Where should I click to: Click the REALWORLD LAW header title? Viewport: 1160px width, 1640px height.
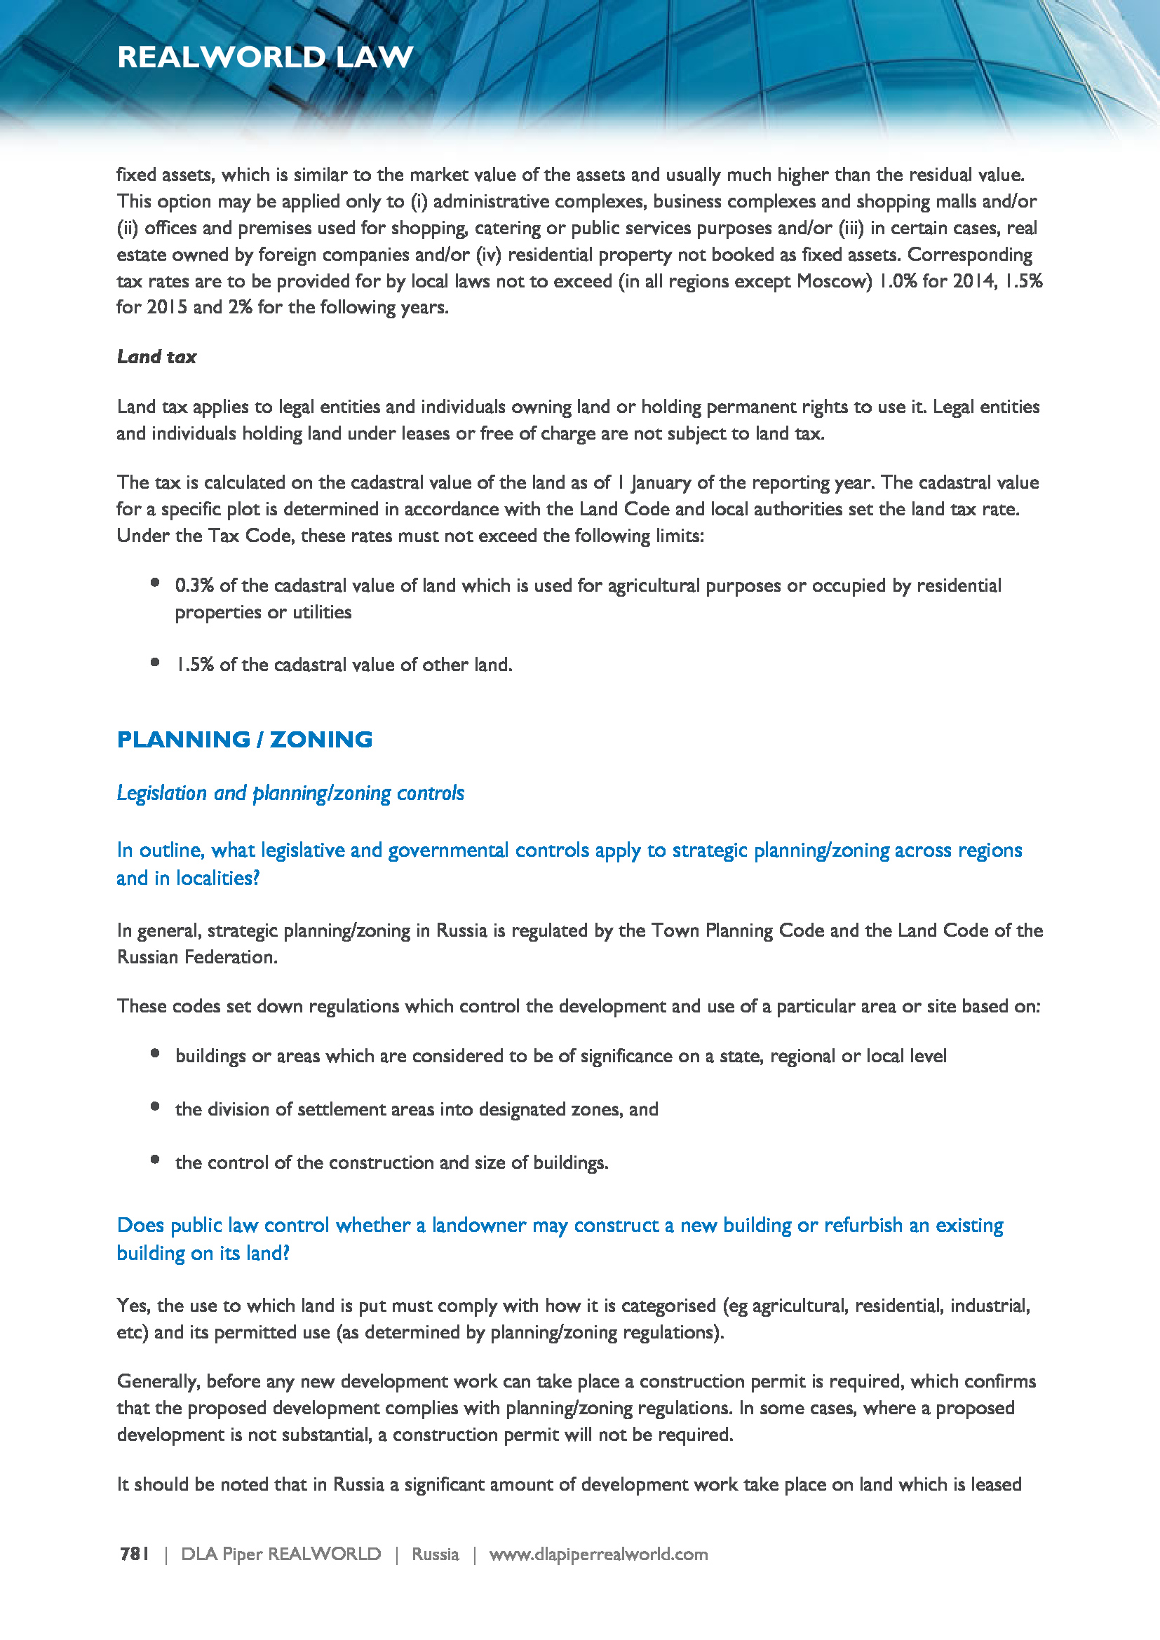(x=265, y=57)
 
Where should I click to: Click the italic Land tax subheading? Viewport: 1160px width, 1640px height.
(x=156, y=356)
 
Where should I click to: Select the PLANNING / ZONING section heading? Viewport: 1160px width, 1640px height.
(x=244, y=739)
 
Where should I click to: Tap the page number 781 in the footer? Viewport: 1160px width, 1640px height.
(x=134, y=1554)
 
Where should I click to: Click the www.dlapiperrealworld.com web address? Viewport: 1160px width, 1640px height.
(x=598, y=1554)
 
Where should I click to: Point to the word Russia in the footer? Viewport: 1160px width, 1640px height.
(x=435, y=1554)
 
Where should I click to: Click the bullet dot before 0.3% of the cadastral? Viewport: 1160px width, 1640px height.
(x=155, y=583)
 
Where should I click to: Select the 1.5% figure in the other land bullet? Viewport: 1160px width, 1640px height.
(x=195, y=664)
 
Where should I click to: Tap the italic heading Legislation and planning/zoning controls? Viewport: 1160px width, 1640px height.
(x=290, y=793)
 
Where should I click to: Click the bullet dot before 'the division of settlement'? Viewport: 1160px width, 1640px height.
(x=155, y=1106)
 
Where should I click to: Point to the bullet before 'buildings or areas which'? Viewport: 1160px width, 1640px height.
(x=155, y=1053)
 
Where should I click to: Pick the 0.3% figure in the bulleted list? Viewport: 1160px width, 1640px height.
(x=194, y=585)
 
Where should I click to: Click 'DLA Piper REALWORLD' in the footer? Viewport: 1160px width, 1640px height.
(x=281, y=1554)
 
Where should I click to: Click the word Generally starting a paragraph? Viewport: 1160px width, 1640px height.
(x=158, y=1381)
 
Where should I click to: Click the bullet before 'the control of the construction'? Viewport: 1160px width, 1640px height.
(x=155, y=1159)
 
